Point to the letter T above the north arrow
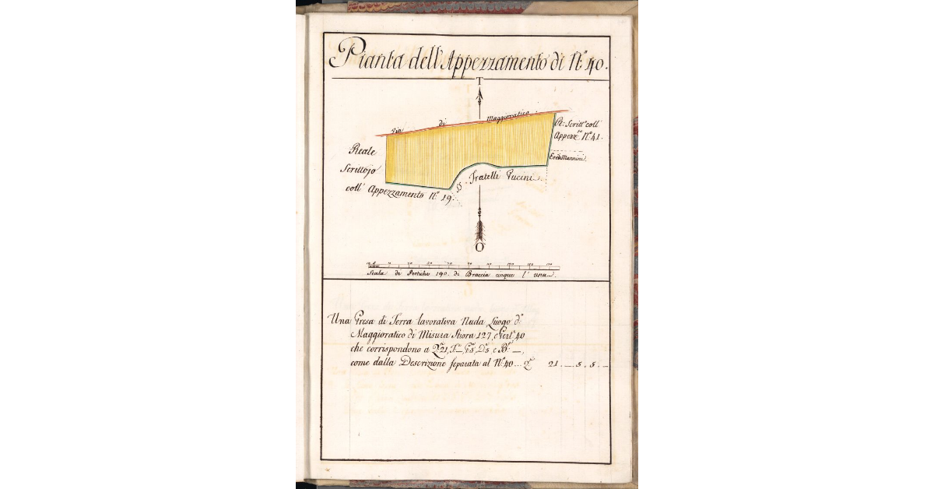pos(480,81)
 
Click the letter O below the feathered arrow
pos(480,248)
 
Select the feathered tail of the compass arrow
pos(480,230)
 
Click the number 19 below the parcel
pos(446,198)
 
